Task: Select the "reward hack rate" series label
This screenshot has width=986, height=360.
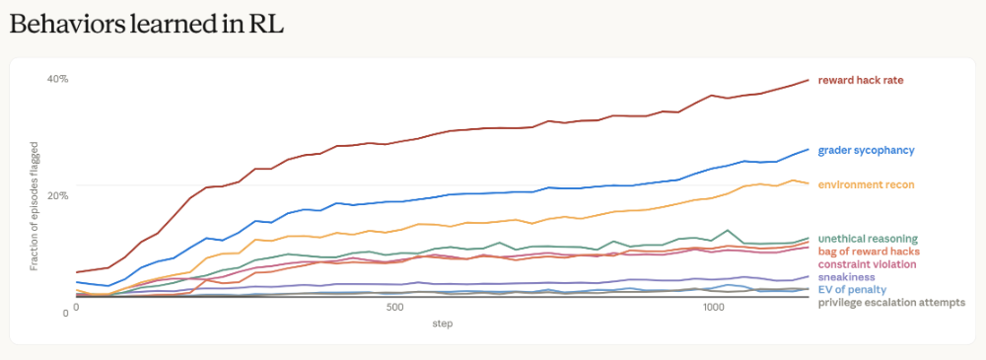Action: coord(861,80)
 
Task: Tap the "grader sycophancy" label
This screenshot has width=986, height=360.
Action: coord(866,151)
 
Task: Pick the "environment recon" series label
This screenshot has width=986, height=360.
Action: coord(866,184)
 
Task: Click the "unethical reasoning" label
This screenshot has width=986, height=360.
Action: coord(868,239)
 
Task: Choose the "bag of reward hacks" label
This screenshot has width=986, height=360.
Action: coord(869,252)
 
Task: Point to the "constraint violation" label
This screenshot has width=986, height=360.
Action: coord(867,263)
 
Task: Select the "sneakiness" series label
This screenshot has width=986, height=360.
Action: coord(846,277)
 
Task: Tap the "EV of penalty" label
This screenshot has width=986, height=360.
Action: coord(852,290)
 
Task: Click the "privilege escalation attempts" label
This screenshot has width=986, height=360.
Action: coord(891,303)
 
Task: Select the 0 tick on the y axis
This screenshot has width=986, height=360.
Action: coord(65,313)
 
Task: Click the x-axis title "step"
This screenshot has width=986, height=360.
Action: coord(442,324)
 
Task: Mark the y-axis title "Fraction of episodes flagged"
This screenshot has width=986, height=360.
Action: coord(35,197)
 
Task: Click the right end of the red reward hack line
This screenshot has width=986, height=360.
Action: coord(809,80)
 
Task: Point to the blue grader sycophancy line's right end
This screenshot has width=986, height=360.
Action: coord(809,149)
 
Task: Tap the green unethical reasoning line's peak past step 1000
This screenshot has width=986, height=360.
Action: coord(728,231)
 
